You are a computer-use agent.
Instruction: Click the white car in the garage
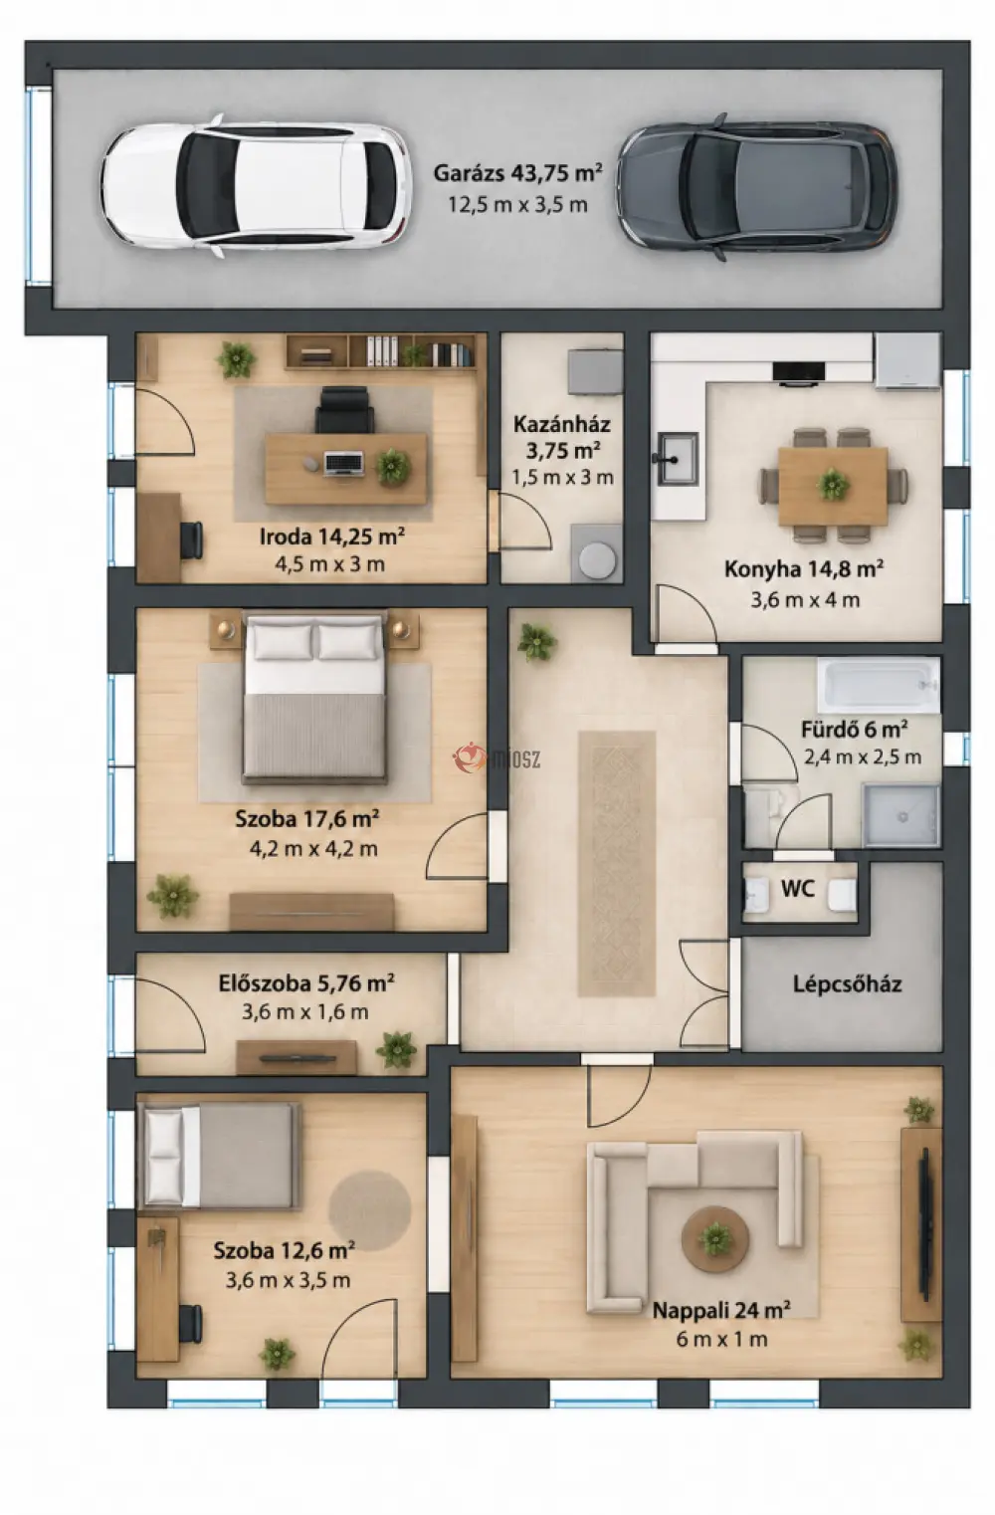(256, 185)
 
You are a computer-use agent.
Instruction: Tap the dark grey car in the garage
(757, 187)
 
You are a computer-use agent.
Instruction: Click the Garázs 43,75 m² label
(517, 173)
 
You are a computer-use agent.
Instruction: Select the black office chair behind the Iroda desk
(344, 409)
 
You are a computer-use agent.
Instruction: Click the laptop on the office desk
(344, 463)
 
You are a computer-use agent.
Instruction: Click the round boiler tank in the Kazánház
(597, 559)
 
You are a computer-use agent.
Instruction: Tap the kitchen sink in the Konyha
(676, 459)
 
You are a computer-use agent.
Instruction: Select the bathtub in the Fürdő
(878, 685)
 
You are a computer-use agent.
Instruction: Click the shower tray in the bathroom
(901, 815)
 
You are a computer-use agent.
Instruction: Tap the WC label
(798, 889)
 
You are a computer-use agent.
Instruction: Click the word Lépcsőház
(847, 984)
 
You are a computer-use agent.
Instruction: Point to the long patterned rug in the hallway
(617, 864)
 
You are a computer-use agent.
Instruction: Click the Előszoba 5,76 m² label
(306, 982)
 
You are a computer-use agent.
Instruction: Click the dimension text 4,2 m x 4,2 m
(313, 849)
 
